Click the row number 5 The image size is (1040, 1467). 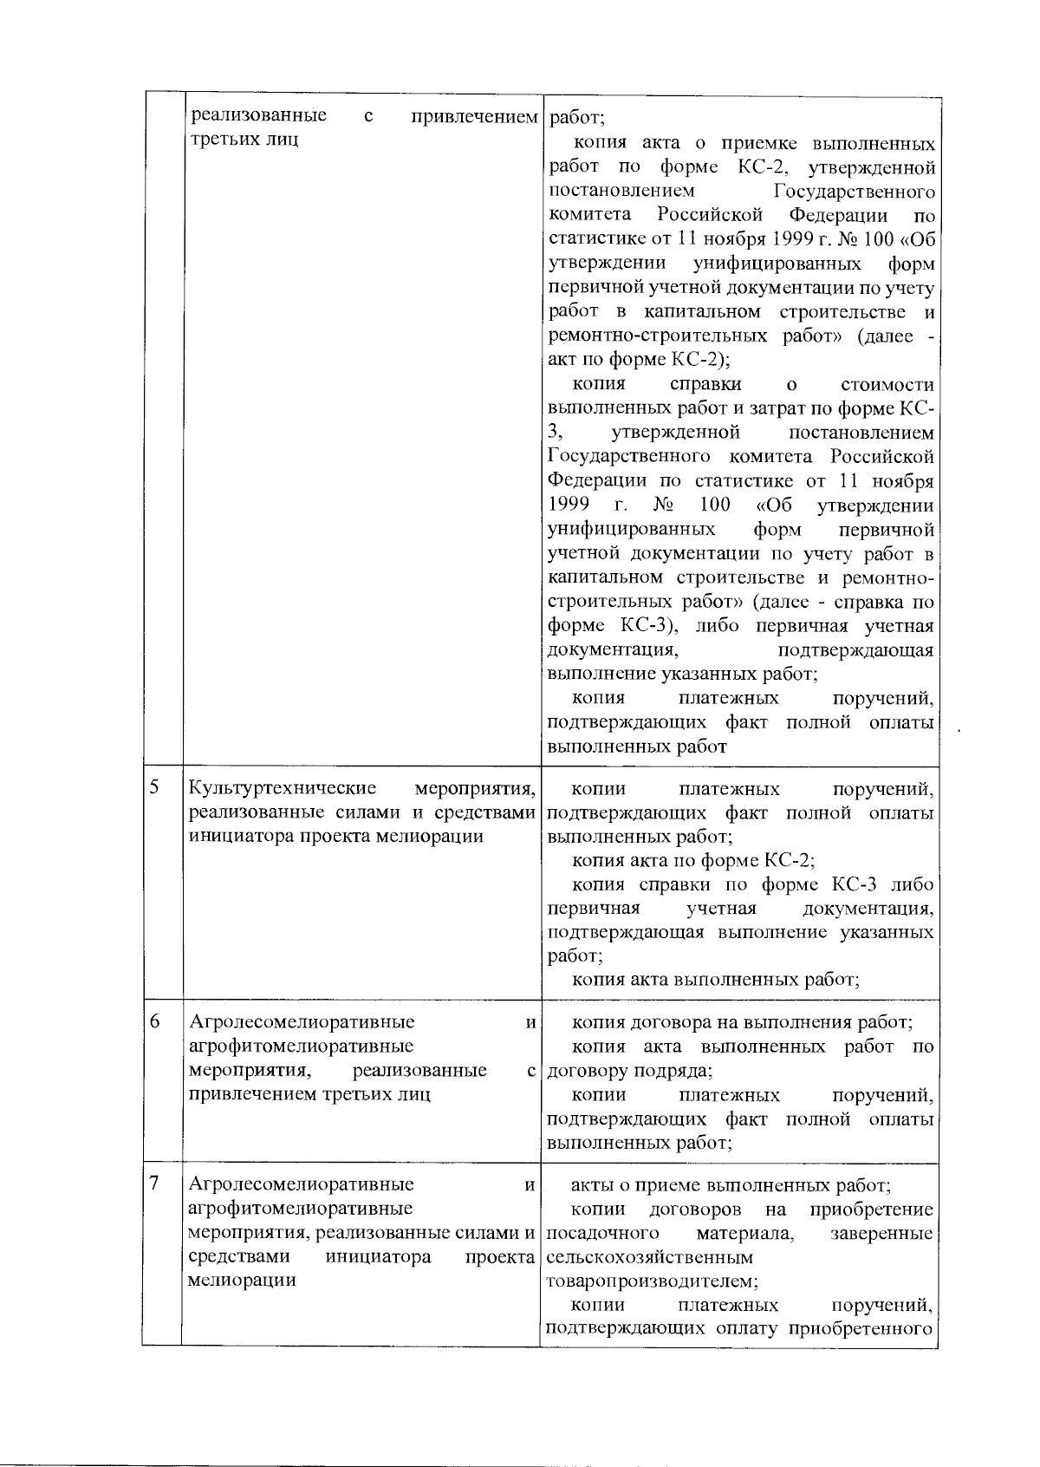(154, 787)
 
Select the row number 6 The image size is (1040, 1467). (154, 1021)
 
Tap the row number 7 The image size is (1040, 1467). (154, 1183)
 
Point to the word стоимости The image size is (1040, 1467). (887, 384)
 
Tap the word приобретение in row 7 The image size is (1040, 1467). (872, 1209)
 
